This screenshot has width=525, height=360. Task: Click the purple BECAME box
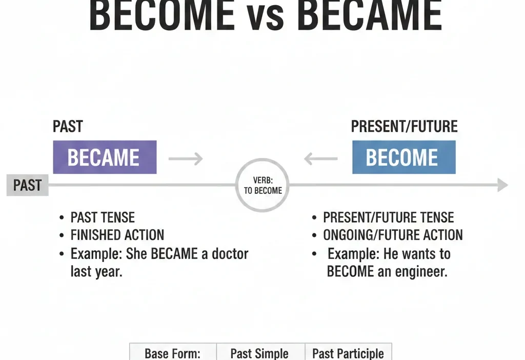pos(105,157)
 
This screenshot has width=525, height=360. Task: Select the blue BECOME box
pos(403,157)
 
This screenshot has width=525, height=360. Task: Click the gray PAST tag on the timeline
pos(27,185)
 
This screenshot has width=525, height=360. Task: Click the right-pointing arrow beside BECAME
pos(186,159)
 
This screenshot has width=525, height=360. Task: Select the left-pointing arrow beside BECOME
pos(321,159)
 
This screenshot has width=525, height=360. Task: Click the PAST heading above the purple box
pos(68,127)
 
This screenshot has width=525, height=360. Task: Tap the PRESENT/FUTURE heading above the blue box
pos(404,127)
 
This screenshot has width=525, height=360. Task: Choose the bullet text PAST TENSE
pos(103,217)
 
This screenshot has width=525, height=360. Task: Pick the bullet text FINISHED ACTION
pos(117,235)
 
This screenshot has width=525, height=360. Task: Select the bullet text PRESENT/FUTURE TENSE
pos(388,217)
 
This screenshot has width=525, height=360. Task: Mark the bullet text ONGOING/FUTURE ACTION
pos(393,235)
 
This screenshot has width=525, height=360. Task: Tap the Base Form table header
pos(173,353)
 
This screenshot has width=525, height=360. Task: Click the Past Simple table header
pos(259,353)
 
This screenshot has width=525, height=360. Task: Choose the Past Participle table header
pos(348,353)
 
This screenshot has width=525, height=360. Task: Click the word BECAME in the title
pos(369,16)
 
